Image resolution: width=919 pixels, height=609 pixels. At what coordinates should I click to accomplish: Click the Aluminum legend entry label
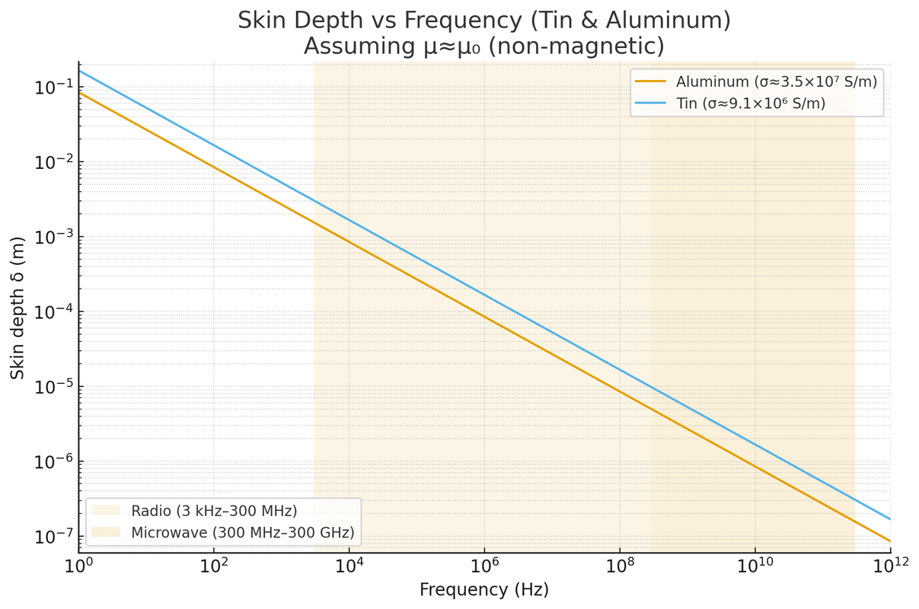point(777,82)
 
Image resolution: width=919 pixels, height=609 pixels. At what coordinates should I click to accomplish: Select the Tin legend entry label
point(751,104)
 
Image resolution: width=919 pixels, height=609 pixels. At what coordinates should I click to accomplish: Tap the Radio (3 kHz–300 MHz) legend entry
point(214,510)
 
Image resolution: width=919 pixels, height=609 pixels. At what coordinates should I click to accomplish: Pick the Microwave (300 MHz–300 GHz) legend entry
point(243,531)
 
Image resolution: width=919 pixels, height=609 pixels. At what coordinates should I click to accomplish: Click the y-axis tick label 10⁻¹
point(50,88)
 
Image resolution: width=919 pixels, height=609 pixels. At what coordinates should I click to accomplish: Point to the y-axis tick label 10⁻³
point(50,237)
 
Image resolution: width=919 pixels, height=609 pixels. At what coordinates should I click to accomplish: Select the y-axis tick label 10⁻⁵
point(50,387)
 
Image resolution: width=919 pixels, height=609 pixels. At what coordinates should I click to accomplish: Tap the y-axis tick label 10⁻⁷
point(50,537)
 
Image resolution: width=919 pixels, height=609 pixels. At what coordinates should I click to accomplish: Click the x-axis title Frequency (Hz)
point(484,589)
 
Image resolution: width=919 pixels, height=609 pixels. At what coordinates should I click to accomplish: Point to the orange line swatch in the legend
point(651,82)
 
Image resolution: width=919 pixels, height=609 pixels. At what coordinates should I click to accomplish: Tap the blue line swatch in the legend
point(651,104)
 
